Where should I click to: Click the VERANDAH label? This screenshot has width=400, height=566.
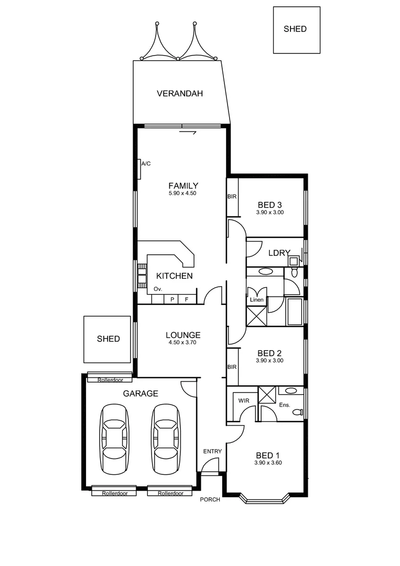tap(180, 94)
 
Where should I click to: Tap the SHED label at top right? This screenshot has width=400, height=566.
tap(295, 29)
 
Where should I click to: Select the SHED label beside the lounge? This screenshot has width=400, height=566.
tap(108, 339)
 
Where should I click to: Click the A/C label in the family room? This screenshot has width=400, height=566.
tap(146, 164)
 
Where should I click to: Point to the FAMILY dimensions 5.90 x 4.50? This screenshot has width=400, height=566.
tap(182, 193)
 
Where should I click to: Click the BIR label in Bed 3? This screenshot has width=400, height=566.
tap(232, 197)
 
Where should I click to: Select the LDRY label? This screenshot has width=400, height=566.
tap(279, 253)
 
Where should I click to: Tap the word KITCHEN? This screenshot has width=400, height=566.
tap(175, 276)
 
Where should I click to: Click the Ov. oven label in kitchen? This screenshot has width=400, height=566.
tap(157, 289)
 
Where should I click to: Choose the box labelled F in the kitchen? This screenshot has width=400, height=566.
tap(186, 300)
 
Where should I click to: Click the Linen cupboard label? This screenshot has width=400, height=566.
tap(256, 300)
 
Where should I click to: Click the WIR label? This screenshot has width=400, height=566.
tap(244, 400)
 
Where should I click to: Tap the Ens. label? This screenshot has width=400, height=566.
tap(284, 405)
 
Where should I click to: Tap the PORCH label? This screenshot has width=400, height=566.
tap(210, 499)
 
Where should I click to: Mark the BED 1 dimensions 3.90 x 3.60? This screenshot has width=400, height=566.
tap(268, 463)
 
